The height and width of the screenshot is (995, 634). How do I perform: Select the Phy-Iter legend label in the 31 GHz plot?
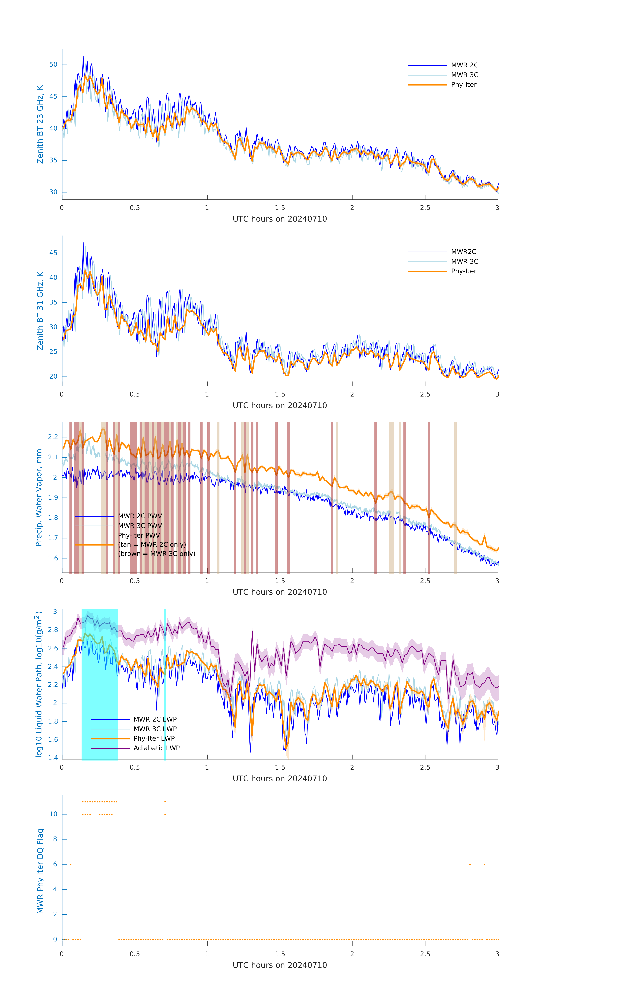463,271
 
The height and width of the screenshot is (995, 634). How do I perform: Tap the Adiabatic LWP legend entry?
156,748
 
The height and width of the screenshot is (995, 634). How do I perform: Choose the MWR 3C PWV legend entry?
140,526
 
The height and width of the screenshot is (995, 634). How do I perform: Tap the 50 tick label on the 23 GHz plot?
53,65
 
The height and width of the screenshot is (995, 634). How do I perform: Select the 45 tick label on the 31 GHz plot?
53,253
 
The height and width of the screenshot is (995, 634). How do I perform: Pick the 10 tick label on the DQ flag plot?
53,814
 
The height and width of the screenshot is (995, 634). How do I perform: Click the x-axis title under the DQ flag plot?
280,965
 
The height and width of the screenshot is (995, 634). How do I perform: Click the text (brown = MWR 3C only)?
156,554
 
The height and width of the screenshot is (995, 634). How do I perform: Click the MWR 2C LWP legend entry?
155,719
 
